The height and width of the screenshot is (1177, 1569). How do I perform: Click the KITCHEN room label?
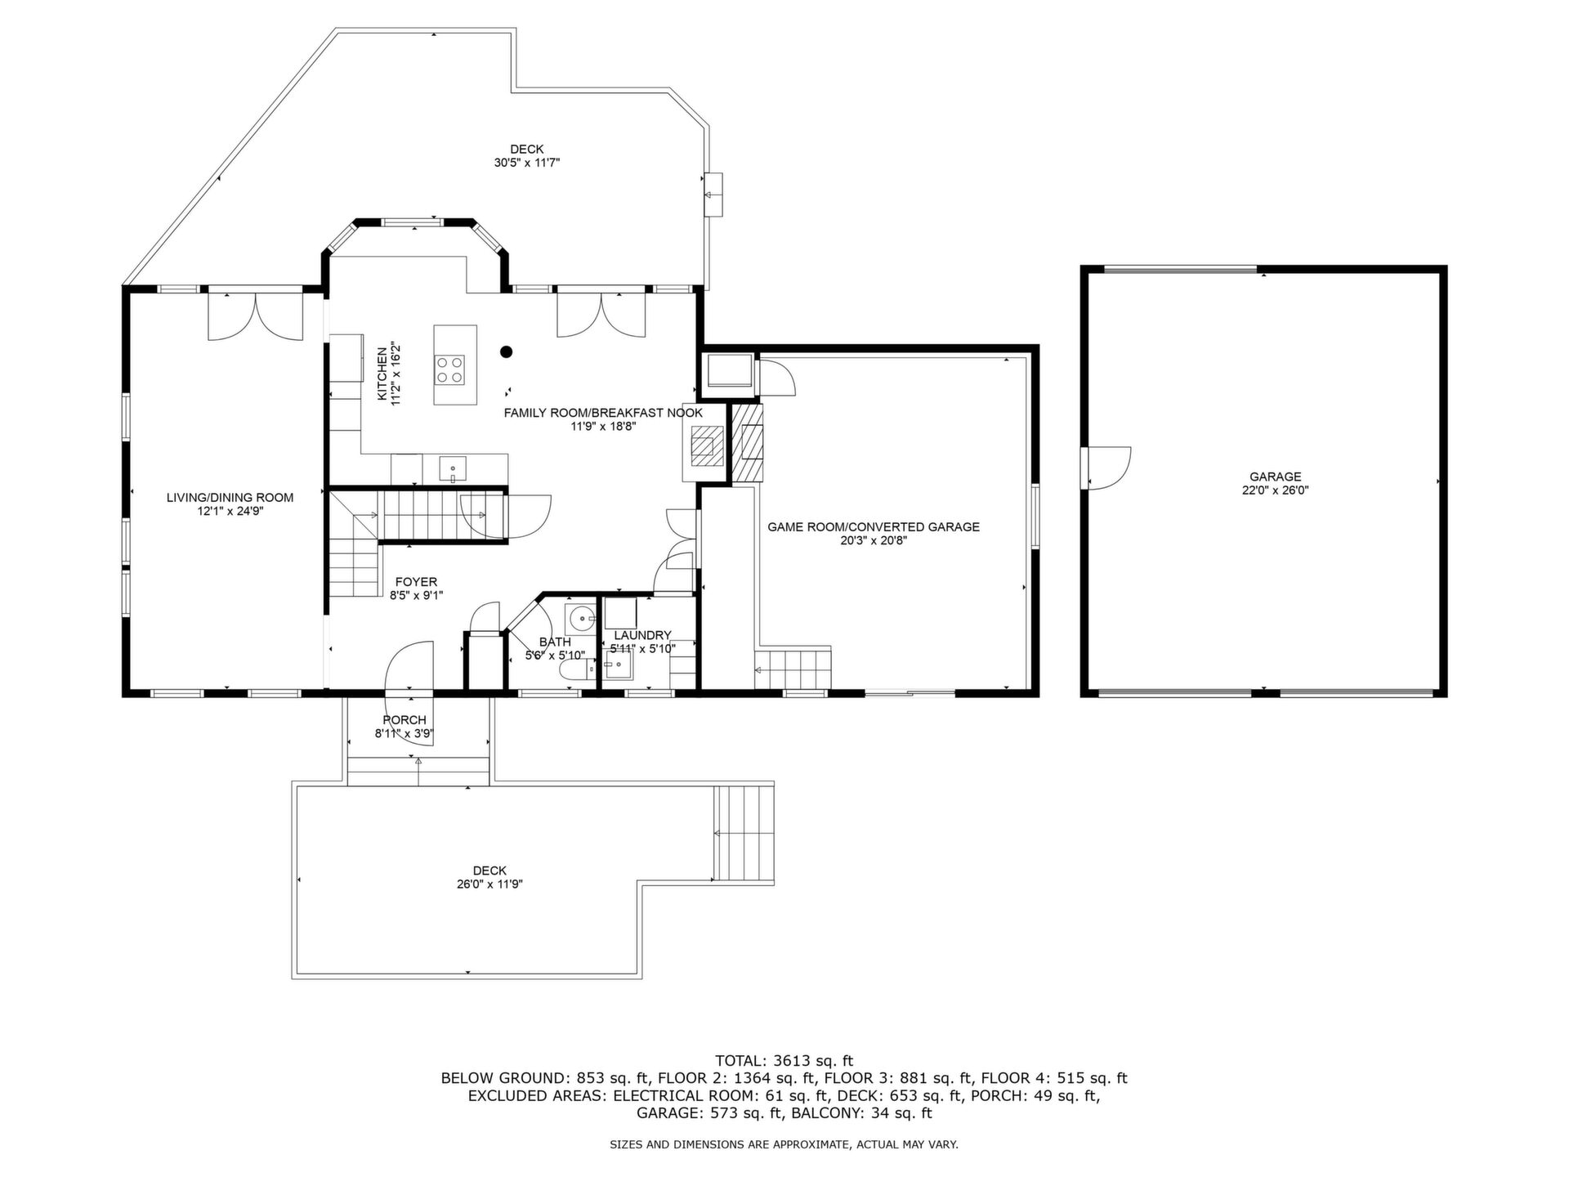(x=382, y=374)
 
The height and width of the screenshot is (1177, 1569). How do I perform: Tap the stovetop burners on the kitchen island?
(x=450, y=369)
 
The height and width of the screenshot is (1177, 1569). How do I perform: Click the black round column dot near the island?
(x=507, y=352)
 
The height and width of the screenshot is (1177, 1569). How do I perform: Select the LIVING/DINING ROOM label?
(x=230, y=497)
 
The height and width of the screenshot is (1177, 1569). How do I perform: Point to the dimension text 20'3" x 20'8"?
(x=873, y=540)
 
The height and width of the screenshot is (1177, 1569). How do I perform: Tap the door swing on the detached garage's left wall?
(x=1110, y=468)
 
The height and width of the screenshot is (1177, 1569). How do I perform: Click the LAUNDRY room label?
(x=642, y=635)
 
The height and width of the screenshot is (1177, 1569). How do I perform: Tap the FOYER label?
(x=416, y=582)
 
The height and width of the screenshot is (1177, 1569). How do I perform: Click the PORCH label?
(x=405, y=720)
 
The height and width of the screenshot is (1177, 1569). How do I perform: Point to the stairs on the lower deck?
(x=744, y=832)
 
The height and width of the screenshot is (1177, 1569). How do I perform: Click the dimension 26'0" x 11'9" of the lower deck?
(x=489, y=884)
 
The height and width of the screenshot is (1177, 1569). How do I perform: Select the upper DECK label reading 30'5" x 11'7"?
(x=527, y=155)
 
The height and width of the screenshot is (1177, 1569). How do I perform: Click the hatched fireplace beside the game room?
(x=747, y=443)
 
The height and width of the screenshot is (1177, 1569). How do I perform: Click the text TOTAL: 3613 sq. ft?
(x=784, y=1061)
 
